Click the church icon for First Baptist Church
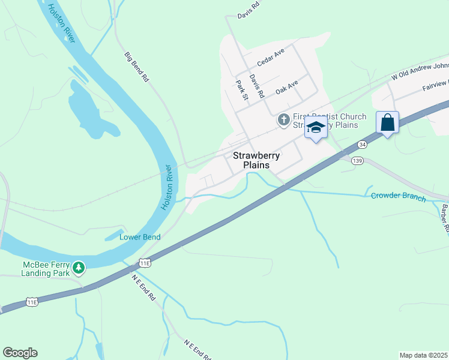(x=283, y=121)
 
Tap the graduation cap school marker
(x=316, y=127)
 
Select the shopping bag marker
(x=387, y=122)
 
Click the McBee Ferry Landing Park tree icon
(x=79, y=268)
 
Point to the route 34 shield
(x=361, y=145)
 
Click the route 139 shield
(x=358, y=160)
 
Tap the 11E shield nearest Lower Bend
(x=145, y=263)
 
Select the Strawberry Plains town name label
(x=256, y=160)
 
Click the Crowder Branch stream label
(x=398, y=197)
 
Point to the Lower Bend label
(x=140, y=237)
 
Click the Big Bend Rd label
(x=136, y=66)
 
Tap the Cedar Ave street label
(x=270, y=58)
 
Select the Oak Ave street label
(x=287, y=88)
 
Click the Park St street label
(x=242, y=89)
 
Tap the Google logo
(x=20, y=353)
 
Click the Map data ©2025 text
(x=423, y=355)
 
